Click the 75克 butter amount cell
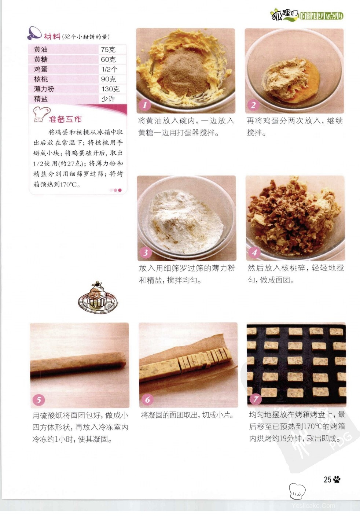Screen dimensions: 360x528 (x=108, y=49)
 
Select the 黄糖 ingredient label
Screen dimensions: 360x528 (x=41, y=59)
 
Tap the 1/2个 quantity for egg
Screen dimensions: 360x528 (x=110, y=69)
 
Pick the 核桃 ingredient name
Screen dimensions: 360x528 (x=41, y=79)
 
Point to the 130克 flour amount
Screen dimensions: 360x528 (x=111, y=89)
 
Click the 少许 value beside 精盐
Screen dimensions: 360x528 (x=108, y=99)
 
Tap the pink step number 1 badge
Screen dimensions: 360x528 (x=145, y=105)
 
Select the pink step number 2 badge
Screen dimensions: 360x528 (x=253, y=105)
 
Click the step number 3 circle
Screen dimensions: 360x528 (x=146, y=252)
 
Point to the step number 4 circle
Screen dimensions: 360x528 (x=254, y=252)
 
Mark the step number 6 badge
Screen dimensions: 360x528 (x=147, y=399)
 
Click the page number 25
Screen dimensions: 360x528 (x=327, y=479)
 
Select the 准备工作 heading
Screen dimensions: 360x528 (x=65, y=119)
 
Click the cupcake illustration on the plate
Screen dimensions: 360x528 (x=98, y=298)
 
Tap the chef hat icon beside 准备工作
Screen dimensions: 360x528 (x=41, y=114)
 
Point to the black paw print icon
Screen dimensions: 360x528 (x=337, y=479)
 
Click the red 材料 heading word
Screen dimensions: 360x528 (x=52, y=36)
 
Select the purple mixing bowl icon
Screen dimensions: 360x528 (x=34, y=33)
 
